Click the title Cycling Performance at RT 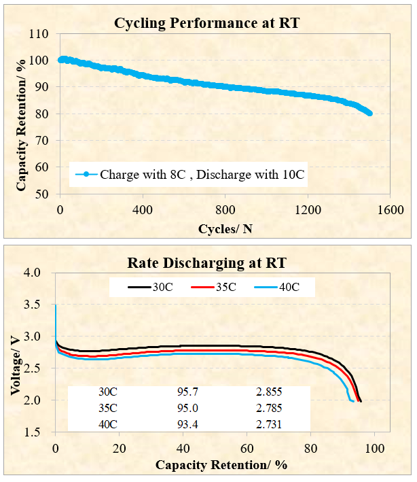[x=207, y=24]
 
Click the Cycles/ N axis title [x=225, y=228]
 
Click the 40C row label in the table [x=108, y=424]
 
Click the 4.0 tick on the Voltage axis [x=41, y=273]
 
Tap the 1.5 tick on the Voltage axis [x=41, y=432]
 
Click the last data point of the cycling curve [x=369, y=114]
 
